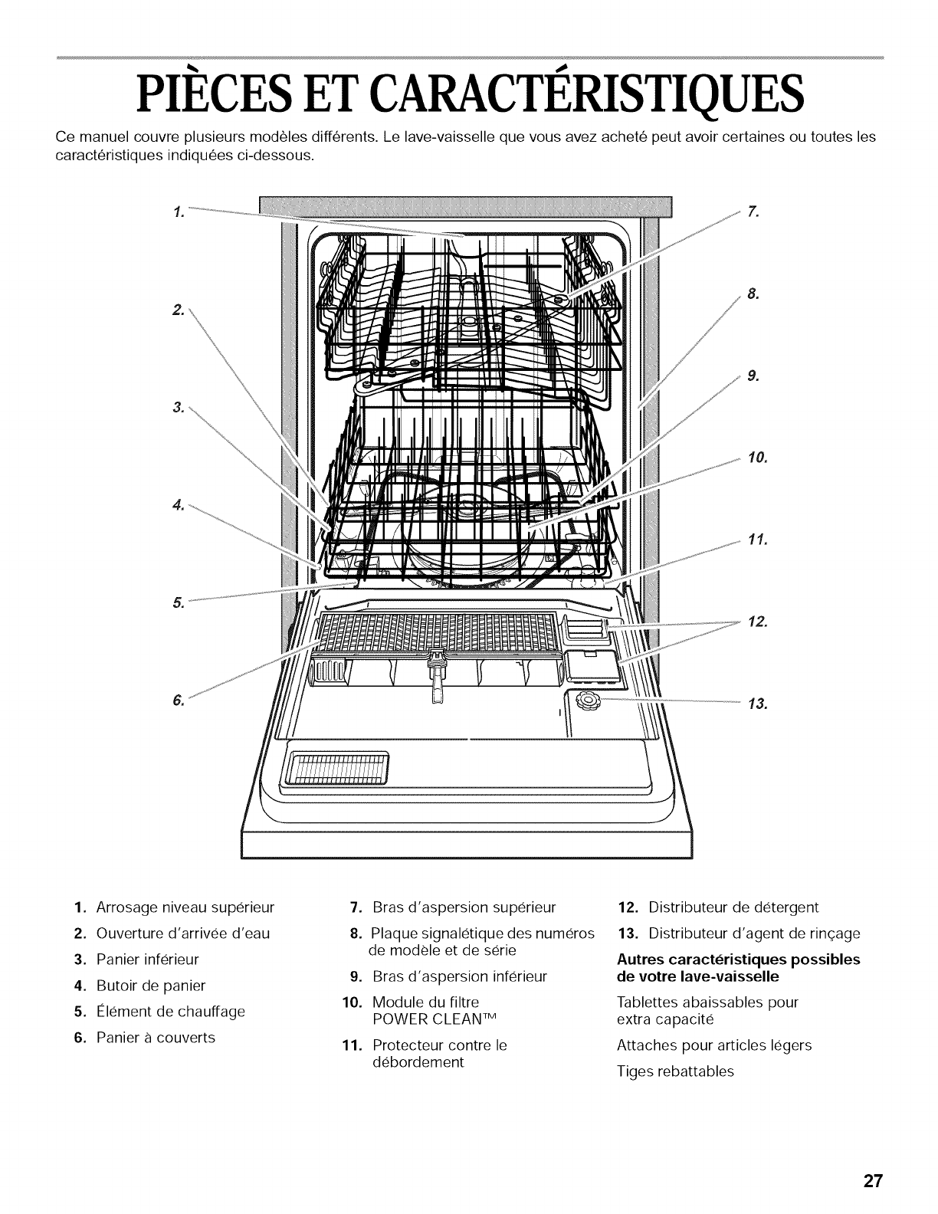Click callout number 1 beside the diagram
[x=177, y=212]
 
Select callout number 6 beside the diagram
[x=178, y=700]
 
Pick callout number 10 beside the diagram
[x=756, y=458]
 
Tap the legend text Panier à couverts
[x=156, y=1038]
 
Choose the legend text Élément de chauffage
[x=170, y=1012]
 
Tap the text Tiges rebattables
[x=675, y=1071]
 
